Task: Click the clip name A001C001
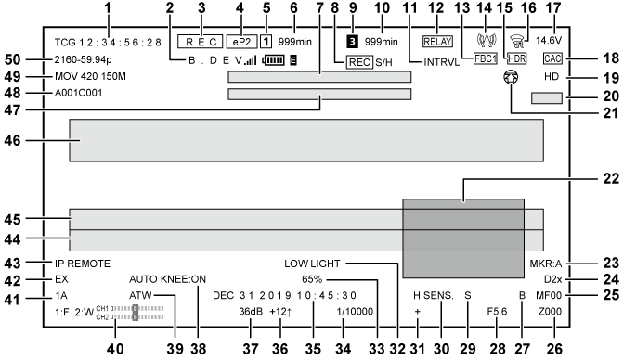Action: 82,94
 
